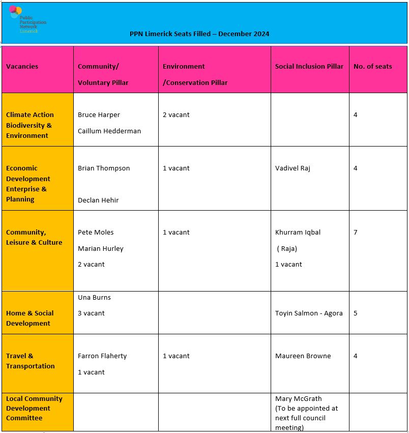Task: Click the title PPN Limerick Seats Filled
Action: (x=199, y=34)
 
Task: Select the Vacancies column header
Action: (x=22, y=67)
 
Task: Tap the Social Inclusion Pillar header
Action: (x=309, y=67)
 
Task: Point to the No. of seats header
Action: (x=372, y=67)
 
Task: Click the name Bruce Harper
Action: (x=99, y=115)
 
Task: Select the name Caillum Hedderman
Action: (x=109, y=131)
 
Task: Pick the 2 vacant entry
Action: (x=176, y=115)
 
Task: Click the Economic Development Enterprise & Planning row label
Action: (x=28, y=184)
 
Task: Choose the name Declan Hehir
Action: (x=98, y=200)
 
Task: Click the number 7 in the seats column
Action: (x=356, y=233)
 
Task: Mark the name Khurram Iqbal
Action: (x=298, y=233)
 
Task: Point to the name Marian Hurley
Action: (x=101, y=249)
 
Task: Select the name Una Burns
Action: (x=94, y=298)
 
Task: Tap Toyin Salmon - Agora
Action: (x=309, y=313)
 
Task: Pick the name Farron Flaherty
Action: (x=102, y=356)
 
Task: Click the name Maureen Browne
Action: (x=303, y=356)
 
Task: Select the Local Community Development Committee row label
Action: (x=34, y=409)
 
